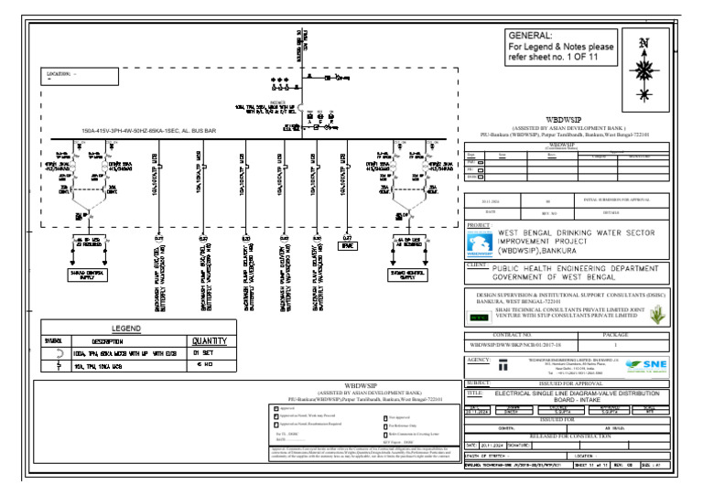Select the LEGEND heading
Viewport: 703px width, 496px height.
point(126,328)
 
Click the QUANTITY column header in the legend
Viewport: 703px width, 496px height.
point(209,340)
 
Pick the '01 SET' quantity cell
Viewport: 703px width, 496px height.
point(203,352)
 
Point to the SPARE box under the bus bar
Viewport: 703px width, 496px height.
point(348,246)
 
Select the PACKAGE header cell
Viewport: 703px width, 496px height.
point(616,336)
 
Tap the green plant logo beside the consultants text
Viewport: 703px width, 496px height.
point(654,314)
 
